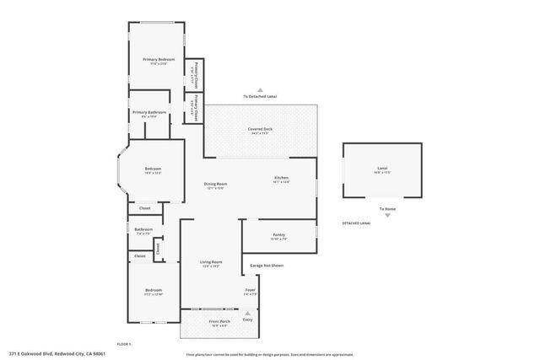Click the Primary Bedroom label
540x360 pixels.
click(159, 60)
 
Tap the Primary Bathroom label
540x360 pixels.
click(148, 113)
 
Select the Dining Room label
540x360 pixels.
click(216, 184)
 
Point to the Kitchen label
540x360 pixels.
click(281, 178)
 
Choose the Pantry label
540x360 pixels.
click(278, 234)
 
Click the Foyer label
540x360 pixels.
click(250, 290)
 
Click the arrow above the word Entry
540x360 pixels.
click(247, 312)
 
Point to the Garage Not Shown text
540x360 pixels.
click(266, 266)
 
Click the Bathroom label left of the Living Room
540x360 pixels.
click(143, 229)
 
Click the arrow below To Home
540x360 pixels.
click(387, 215)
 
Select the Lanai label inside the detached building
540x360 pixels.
click(381, 169)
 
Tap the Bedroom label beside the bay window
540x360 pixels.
click(153, 169)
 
